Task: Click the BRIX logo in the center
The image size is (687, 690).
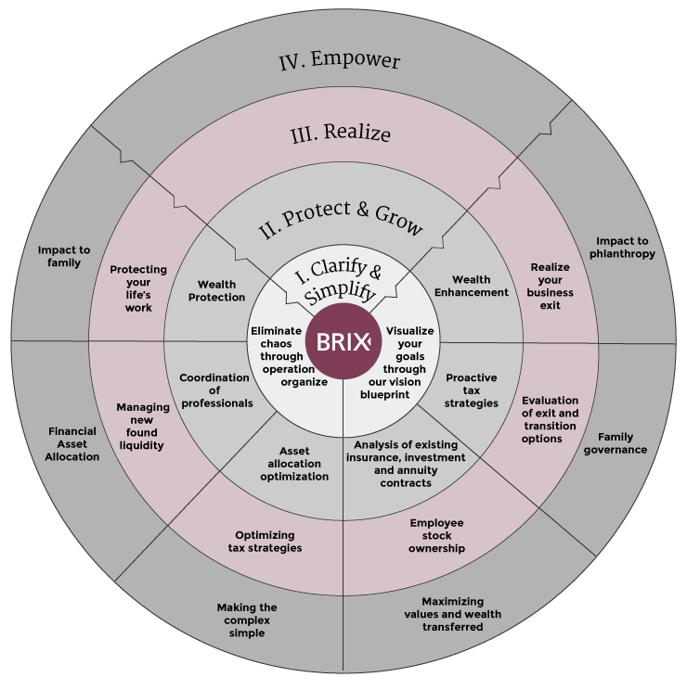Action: [x=343, y=340]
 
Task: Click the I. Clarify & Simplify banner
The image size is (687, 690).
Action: [x=339, y=279]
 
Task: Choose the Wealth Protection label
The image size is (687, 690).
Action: [x=216, y=291]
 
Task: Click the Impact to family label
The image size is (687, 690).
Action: [x=65, y=256]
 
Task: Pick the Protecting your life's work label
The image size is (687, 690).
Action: [x=138, y=288]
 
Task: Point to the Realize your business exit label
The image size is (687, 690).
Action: [x=551, y=286]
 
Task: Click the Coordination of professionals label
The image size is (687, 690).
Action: [x=215, y=390]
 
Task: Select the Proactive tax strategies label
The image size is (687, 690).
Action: [x=472, y=390]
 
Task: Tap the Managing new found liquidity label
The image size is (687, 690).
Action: [x=143, y=426]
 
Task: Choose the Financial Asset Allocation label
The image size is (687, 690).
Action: [x=72, y=444]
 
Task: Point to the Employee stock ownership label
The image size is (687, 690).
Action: [x=436, y=535]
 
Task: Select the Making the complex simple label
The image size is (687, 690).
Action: [x=247, y=620]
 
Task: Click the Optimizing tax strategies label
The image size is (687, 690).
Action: [x=265, y=542]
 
